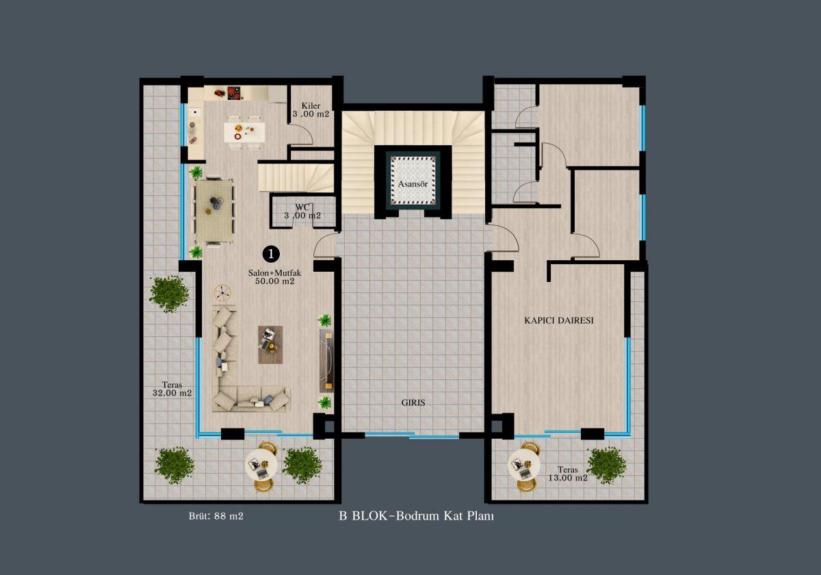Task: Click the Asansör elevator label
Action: click(413, 184)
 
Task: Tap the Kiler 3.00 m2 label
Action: click(311, 110)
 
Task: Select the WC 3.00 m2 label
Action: click(302, 212)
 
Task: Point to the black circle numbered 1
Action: click(271, 254)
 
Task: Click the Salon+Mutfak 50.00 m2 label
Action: click(274, 277)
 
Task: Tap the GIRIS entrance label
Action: click(413, 402)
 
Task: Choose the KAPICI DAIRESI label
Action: click(558, 320)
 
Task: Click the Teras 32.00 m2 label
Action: click(172, 389)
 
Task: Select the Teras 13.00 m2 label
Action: click(568, 474)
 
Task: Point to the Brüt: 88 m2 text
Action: click(216, 516)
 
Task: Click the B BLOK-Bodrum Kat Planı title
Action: click(417, 516)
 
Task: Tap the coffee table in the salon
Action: click(270, 345)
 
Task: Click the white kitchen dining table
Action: click(244, 132)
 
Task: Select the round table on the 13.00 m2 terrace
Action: click(523, 465)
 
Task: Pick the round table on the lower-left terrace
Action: click(261, 466)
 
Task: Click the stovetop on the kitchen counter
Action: click(234, 93)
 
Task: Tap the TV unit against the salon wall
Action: click(326, 361)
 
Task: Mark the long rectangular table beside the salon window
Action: click(214, 211)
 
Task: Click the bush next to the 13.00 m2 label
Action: click(606, 465)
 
